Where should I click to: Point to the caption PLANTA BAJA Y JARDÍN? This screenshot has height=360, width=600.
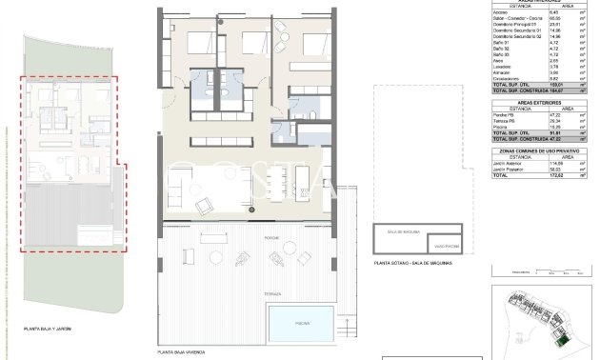pos(48,329)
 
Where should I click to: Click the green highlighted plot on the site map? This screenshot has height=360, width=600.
pos(563,338)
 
